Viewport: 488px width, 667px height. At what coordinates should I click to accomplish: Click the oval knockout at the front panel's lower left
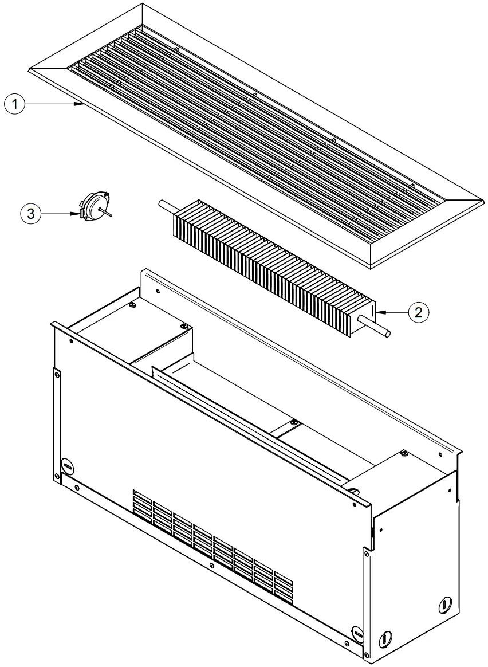[x=68, y=466]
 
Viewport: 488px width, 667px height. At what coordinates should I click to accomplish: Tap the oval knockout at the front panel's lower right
[x=357, y=633]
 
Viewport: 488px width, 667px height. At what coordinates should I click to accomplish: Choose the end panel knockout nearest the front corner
[x=385, y=637]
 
